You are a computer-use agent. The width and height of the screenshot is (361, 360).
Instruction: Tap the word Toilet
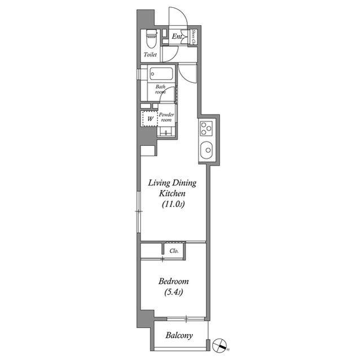coord(151,55)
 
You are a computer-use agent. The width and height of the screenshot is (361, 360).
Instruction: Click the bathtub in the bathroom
coord(162,74)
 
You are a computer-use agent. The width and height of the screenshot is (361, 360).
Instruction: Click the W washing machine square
coord(150,119)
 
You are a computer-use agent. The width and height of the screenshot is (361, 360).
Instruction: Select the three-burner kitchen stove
coord(206,130)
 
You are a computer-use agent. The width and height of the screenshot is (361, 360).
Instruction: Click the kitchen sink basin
coord(206,150)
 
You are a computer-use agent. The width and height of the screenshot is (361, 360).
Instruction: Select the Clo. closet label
coord(174,251)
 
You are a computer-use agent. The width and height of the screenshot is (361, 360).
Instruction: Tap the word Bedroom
coord(173,281)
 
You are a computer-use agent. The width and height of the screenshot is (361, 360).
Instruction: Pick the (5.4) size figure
coord(173,292)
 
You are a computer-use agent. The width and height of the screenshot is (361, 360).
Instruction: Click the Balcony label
coord(179,335)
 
